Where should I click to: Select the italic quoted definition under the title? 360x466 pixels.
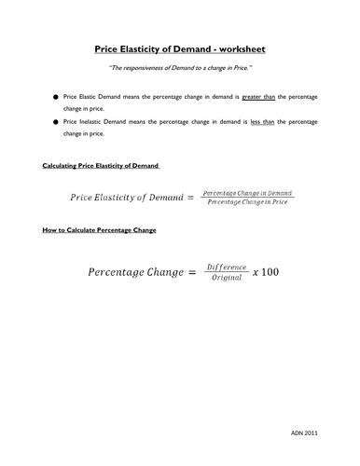(179, 68)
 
